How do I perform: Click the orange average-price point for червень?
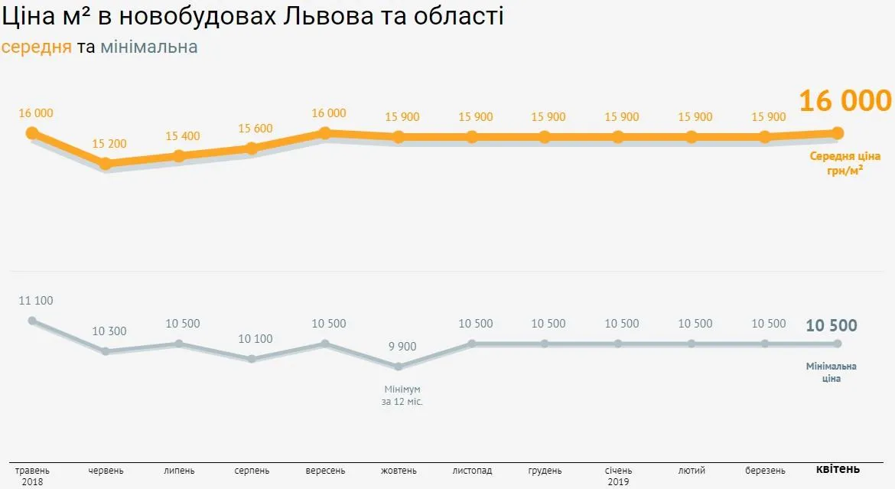coord(106,163)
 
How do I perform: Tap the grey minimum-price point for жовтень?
coord(399,367)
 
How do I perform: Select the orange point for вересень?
coord(325,133)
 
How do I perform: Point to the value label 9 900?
coord(402,347)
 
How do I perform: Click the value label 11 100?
coord(36,301)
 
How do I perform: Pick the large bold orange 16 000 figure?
coord(845,101)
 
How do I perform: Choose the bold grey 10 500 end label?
coord(832,325)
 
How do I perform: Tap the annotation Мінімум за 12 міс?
coord(402,395)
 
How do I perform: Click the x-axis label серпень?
coord(252,471)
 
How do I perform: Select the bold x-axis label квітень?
coord(838,469)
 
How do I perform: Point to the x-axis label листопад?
coord(472,471)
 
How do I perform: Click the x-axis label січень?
coord(618,471)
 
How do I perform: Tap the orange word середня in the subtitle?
coord(37,47)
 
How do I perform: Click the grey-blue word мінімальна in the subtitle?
coord(149,47)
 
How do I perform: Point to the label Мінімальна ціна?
coord(832,372)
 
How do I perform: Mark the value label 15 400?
coord(183,136)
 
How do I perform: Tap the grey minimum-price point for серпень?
coord(252,359)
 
